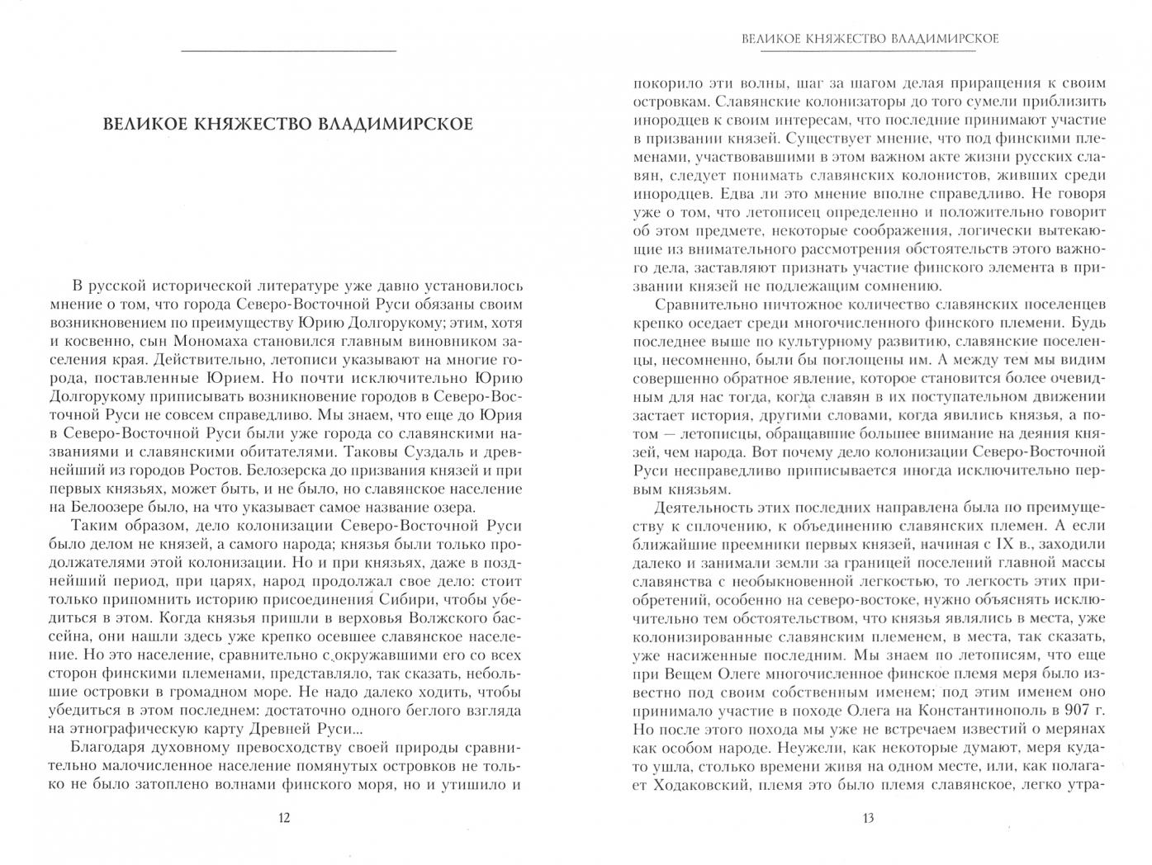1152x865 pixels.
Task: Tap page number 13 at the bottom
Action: [867, 819]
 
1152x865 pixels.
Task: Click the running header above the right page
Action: [870, 39]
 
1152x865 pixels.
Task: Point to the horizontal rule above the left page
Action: [287, 53]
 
